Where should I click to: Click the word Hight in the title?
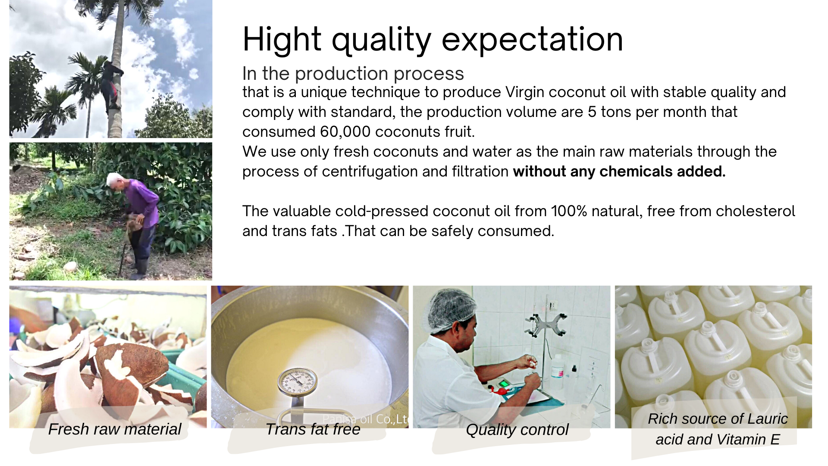(282, 40)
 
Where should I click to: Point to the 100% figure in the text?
(569, 211)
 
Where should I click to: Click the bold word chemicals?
(636, 171)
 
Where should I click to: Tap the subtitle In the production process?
(353, 74)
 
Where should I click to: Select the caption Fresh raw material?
(115, 429)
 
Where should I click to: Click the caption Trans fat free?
(313, 429)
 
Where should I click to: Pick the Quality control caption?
(517, 430)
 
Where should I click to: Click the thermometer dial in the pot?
(297, 381)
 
